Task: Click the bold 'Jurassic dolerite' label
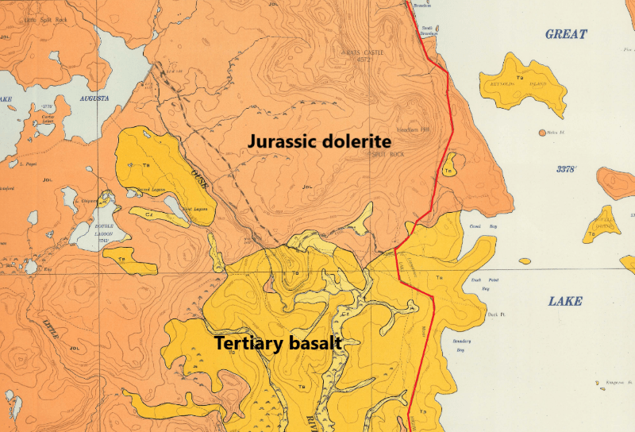click(x=310, y=141)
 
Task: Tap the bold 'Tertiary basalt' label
click(x=278, y=344)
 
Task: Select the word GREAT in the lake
click(x=566, y=34)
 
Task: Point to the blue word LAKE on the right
click(x=565, y=301)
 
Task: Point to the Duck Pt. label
click(x=498, y=315)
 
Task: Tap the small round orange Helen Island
click(x=542, y=132)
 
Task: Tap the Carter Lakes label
click(x=48, y=120)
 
